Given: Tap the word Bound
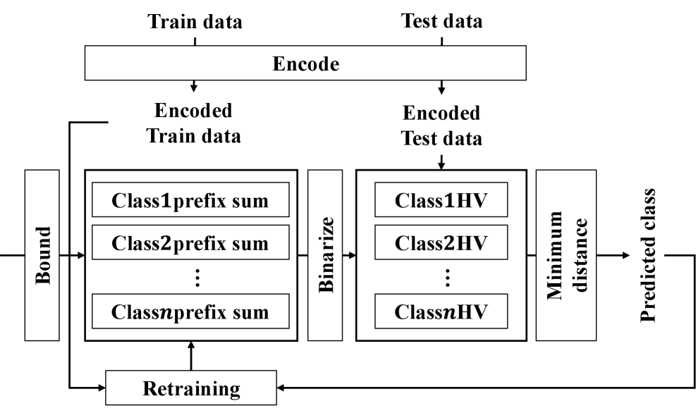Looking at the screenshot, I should coord(43,255).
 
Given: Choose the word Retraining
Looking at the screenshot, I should coord(191,388).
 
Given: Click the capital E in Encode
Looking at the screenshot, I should coord(278,64).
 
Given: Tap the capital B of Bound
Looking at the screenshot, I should coord(43,279).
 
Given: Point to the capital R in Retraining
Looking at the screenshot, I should coord(149,388).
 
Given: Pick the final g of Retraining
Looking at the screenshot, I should coord(235,390).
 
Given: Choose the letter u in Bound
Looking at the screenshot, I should coord(43,253).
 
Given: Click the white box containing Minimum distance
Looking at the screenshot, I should coord(566,254).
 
